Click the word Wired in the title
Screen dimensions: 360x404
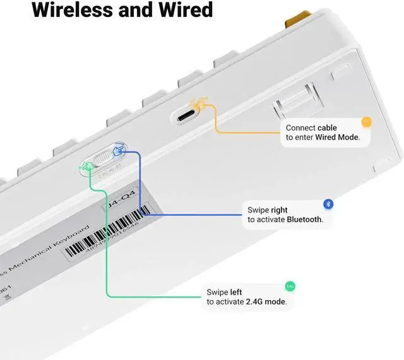pyautogui.click(x=185, y=11)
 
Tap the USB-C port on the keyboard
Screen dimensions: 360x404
pyautogui.click(x=187, y=117)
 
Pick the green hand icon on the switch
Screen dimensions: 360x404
pyautogui.click(x=86, y=165)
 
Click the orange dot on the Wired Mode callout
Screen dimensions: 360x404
pyautogui.click(x=366, y=122)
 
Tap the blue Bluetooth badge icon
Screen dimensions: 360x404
pyautogui.click(x=328, y=204)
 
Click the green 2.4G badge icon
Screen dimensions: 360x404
pyautogui.click(x=290, y=286)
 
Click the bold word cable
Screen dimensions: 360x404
pyautogui.click(x=327, y=128)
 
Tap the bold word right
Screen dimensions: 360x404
pyautogui.click(x=279, y=210)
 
